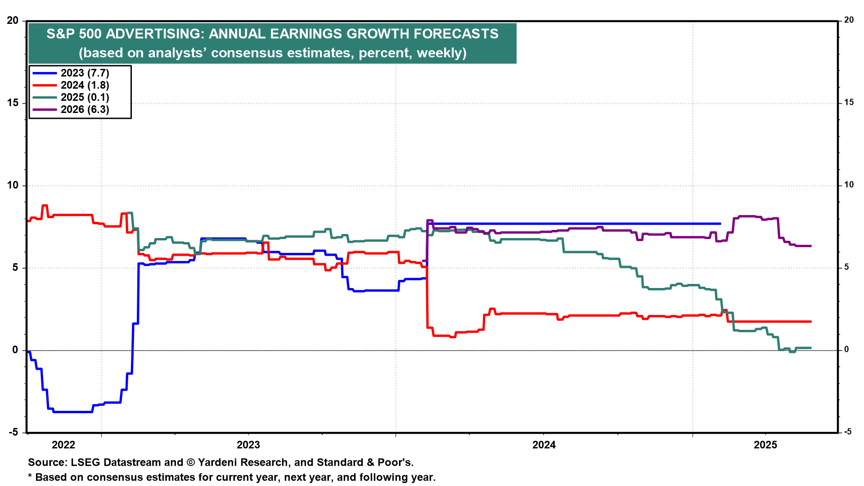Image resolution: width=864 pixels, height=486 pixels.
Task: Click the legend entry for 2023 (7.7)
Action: pyautogui.click(x=85, y=73)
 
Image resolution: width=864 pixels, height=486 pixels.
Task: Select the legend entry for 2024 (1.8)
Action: pyautogui.click(x=85, y=85)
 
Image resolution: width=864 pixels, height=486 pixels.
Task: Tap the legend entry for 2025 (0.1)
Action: pyautogui.click(x=85, y=98)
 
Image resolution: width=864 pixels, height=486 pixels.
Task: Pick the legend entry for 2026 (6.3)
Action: pyautogui.click(x=85, y=110)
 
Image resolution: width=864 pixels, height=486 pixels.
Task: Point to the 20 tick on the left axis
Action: pyautogui.click(x=13, y=21)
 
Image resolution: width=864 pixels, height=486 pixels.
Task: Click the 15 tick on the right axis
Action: pyautogui.click(x=849, y=103)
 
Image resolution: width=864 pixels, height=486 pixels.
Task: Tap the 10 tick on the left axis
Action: pyautogui.click(x=13, y=185)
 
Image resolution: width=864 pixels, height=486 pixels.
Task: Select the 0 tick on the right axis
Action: pyautogui.click(x=846, y=350)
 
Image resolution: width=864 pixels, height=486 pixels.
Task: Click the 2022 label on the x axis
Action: pyautogui.click(x=63, y=445)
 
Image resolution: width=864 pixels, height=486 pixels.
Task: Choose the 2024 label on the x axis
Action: pyautogui.click(x=544, y=445)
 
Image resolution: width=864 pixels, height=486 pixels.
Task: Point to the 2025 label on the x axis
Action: pyautogui.click(x=765, y=445)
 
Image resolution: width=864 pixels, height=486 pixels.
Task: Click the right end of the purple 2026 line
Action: pyautogui.click(x=811, y=246)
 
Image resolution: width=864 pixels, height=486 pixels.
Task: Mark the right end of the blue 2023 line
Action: pyautogui.click(x=720, y=224)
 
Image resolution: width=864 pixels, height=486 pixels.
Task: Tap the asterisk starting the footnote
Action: pyautogui.click(x=30, y=477)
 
